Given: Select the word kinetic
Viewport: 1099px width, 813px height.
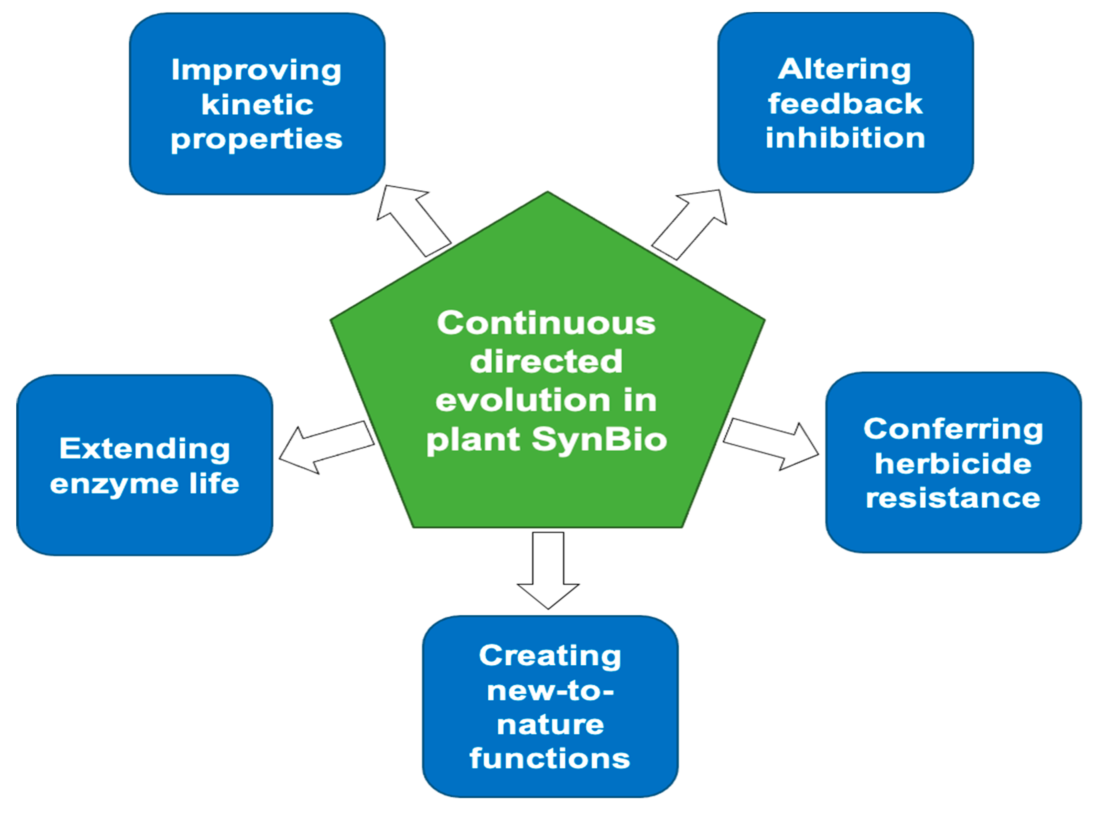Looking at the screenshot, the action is [x=257, y=104].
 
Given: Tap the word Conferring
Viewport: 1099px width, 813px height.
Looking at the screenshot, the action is [x=953, y=430].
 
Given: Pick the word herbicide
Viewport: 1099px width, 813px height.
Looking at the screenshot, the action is [x=953, y=463].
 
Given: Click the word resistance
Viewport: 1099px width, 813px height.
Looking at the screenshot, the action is [x=953, y=498].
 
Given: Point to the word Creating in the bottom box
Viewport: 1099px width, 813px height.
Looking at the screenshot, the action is [x=550, y=656].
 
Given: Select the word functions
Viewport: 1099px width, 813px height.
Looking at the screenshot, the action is [x=550, y=759].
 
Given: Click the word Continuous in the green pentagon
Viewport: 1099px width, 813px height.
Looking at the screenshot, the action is [x=547, y=323].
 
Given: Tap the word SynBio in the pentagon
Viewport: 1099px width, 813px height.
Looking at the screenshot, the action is [x=599, y=440].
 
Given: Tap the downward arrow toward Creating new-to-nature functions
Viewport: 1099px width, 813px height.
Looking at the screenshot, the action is [x=548, y=570].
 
